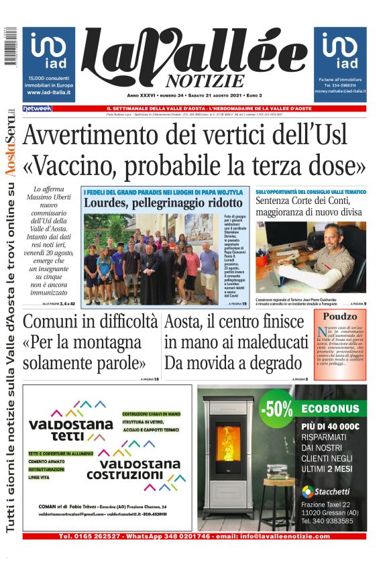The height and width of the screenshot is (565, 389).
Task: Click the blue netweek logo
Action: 37,108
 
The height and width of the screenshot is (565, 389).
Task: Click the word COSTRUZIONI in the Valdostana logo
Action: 140,476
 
